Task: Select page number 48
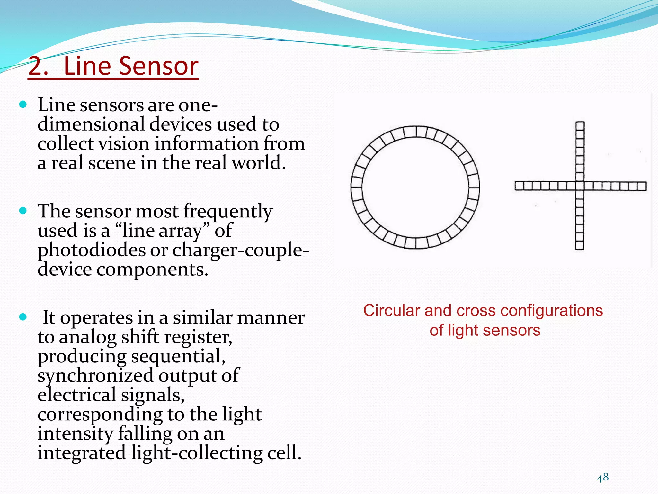coord(603,477)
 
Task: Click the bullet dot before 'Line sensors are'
coord(23,105)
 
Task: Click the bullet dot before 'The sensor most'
coord(23,211)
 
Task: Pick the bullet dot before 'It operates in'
coord(23,317)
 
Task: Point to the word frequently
coord(227,212)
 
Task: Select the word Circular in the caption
coord(391,311)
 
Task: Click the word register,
coord(199,337)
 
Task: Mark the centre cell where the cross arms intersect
coord(580,186)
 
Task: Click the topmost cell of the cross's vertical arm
coord(580,125)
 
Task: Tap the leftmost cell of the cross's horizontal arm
coord(520,186)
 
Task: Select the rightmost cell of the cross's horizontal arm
coord(642,186)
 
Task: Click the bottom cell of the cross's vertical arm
coord(580,245)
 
